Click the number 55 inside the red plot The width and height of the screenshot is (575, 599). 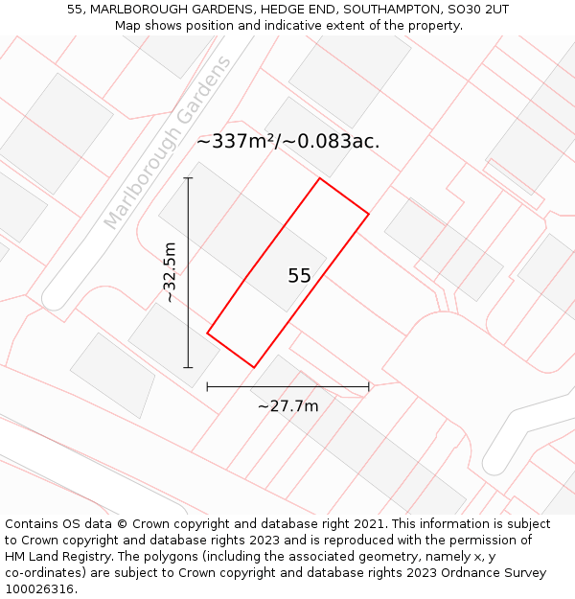(x=299, y=276)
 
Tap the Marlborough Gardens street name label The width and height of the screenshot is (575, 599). (x=168, y=144)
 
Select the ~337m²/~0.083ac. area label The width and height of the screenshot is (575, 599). (x=287, y=141)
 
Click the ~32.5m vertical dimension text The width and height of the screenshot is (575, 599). (x=170, y=273)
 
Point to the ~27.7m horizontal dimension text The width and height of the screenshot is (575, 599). (x=287, y=405)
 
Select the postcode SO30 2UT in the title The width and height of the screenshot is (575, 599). (x=477, y=9)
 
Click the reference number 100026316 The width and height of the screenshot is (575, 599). (x=40, y=589)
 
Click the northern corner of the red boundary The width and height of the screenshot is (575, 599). (x=319, y=178)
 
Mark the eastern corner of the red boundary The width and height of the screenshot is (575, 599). (x=369, y=214)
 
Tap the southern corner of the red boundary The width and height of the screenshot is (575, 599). (x=254, y=367)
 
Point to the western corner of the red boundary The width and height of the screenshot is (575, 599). (x=207, y=334)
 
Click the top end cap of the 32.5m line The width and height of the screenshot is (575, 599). (x=188, y=178)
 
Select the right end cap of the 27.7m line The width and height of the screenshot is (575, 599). (x=369, y=387)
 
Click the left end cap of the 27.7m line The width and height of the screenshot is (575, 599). (x=207, y=387)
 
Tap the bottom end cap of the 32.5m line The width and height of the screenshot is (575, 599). (x=188, y=367)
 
